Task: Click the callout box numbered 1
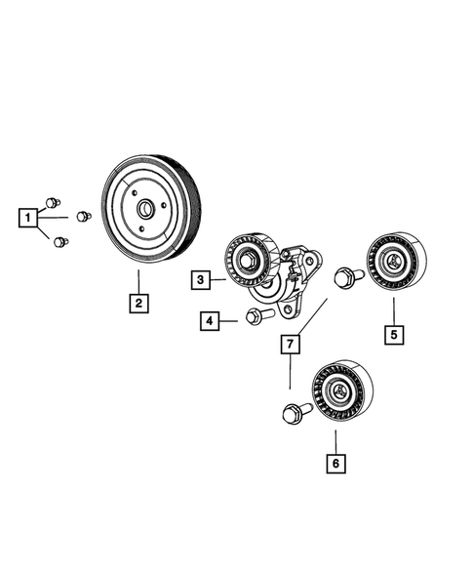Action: click(30, 216)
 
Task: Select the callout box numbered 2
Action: click(139, 304)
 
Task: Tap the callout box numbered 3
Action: click(200, 280)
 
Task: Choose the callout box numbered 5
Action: click(394, 335)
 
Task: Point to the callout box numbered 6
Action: click(335, 465)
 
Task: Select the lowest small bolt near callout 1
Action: click(61, 240)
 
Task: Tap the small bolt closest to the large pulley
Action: click(85, 217)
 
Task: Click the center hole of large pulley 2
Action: click(144, 208)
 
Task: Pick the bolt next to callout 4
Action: click(255, 317)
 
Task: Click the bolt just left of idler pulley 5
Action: click(347, 277)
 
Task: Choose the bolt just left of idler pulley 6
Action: click(293, 414)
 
